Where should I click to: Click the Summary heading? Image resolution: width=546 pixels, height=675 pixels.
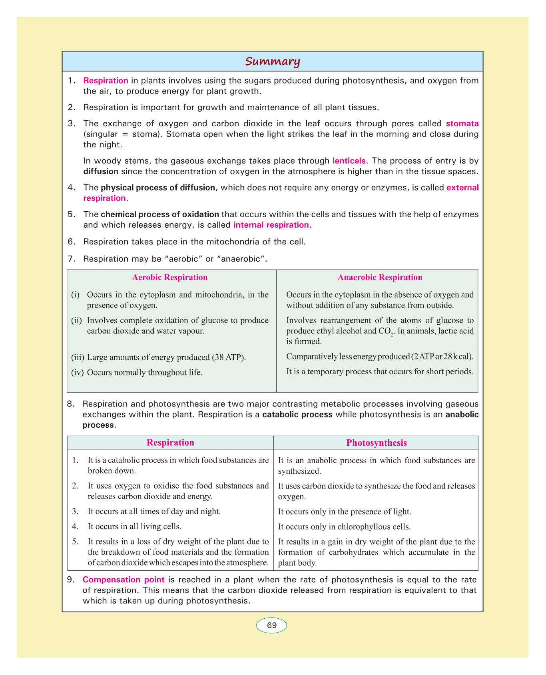[x=272, y=62]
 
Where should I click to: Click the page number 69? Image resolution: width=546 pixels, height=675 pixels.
[x=271, y=625]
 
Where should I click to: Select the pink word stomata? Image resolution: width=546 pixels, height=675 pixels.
[x=462, y=123]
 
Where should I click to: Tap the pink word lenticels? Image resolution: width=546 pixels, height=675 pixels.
[x=349, y=161]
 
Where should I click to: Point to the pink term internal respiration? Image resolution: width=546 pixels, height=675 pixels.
[x=271, y=225]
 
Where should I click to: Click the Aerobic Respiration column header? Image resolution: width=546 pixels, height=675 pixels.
[x=170, y=277]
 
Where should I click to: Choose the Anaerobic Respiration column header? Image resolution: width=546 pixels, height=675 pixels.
[x=380, y=277]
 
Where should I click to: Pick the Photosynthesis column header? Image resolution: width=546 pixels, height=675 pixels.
[x=377, y=443]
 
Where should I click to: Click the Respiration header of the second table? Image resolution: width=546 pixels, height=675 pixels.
[x=170, y=443]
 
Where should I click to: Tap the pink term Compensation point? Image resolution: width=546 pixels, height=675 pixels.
[x=112, y=580]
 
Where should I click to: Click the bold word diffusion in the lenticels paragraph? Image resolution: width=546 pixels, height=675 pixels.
[x=101, y=172]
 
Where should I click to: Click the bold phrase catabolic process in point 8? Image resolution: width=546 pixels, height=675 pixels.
[x=297, y=414]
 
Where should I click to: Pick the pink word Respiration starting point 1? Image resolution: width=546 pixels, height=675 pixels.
[x=106, y=80]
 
